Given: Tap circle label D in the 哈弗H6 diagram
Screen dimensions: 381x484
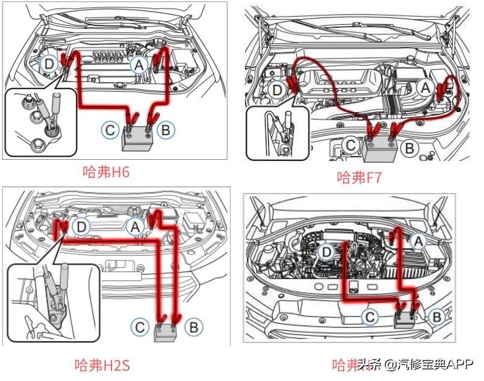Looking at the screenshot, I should pos(50,62).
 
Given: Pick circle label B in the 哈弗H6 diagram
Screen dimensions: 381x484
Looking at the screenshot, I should pos(164,129).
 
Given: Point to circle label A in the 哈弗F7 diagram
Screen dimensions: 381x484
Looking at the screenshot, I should pos(426,89).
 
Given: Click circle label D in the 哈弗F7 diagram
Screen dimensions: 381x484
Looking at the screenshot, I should pos(278,91).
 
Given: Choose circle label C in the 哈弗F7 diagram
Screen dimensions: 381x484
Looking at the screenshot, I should pos(350,145).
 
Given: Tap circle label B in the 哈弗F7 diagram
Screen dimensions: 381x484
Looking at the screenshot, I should pos(409,146).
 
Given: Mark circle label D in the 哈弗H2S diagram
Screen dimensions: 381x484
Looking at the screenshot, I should pos(82,226).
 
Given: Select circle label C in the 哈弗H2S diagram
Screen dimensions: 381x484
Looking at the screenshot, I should pos(140,327).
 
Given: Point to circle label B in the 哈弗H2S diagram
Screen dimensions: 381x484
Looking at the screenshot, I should pos(194,327).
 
